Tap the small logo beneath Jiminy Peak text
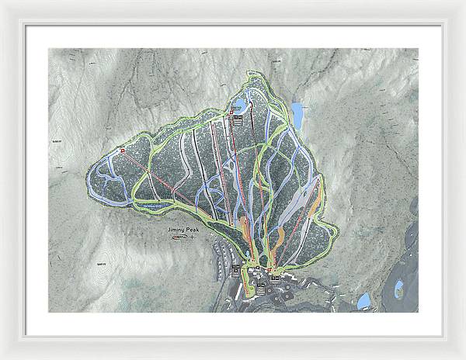[179, 238]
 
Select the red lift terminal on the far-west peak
[123, 149]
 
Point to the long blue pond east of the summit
[296, 115]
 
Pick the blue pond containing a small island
[398, 290]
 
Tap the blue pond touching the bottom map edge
[363, 301]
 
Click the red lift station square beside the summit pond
[231, 114]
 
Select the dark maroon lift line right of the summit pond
[256, 155]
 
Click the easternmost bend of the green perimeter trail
[336, 230]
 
